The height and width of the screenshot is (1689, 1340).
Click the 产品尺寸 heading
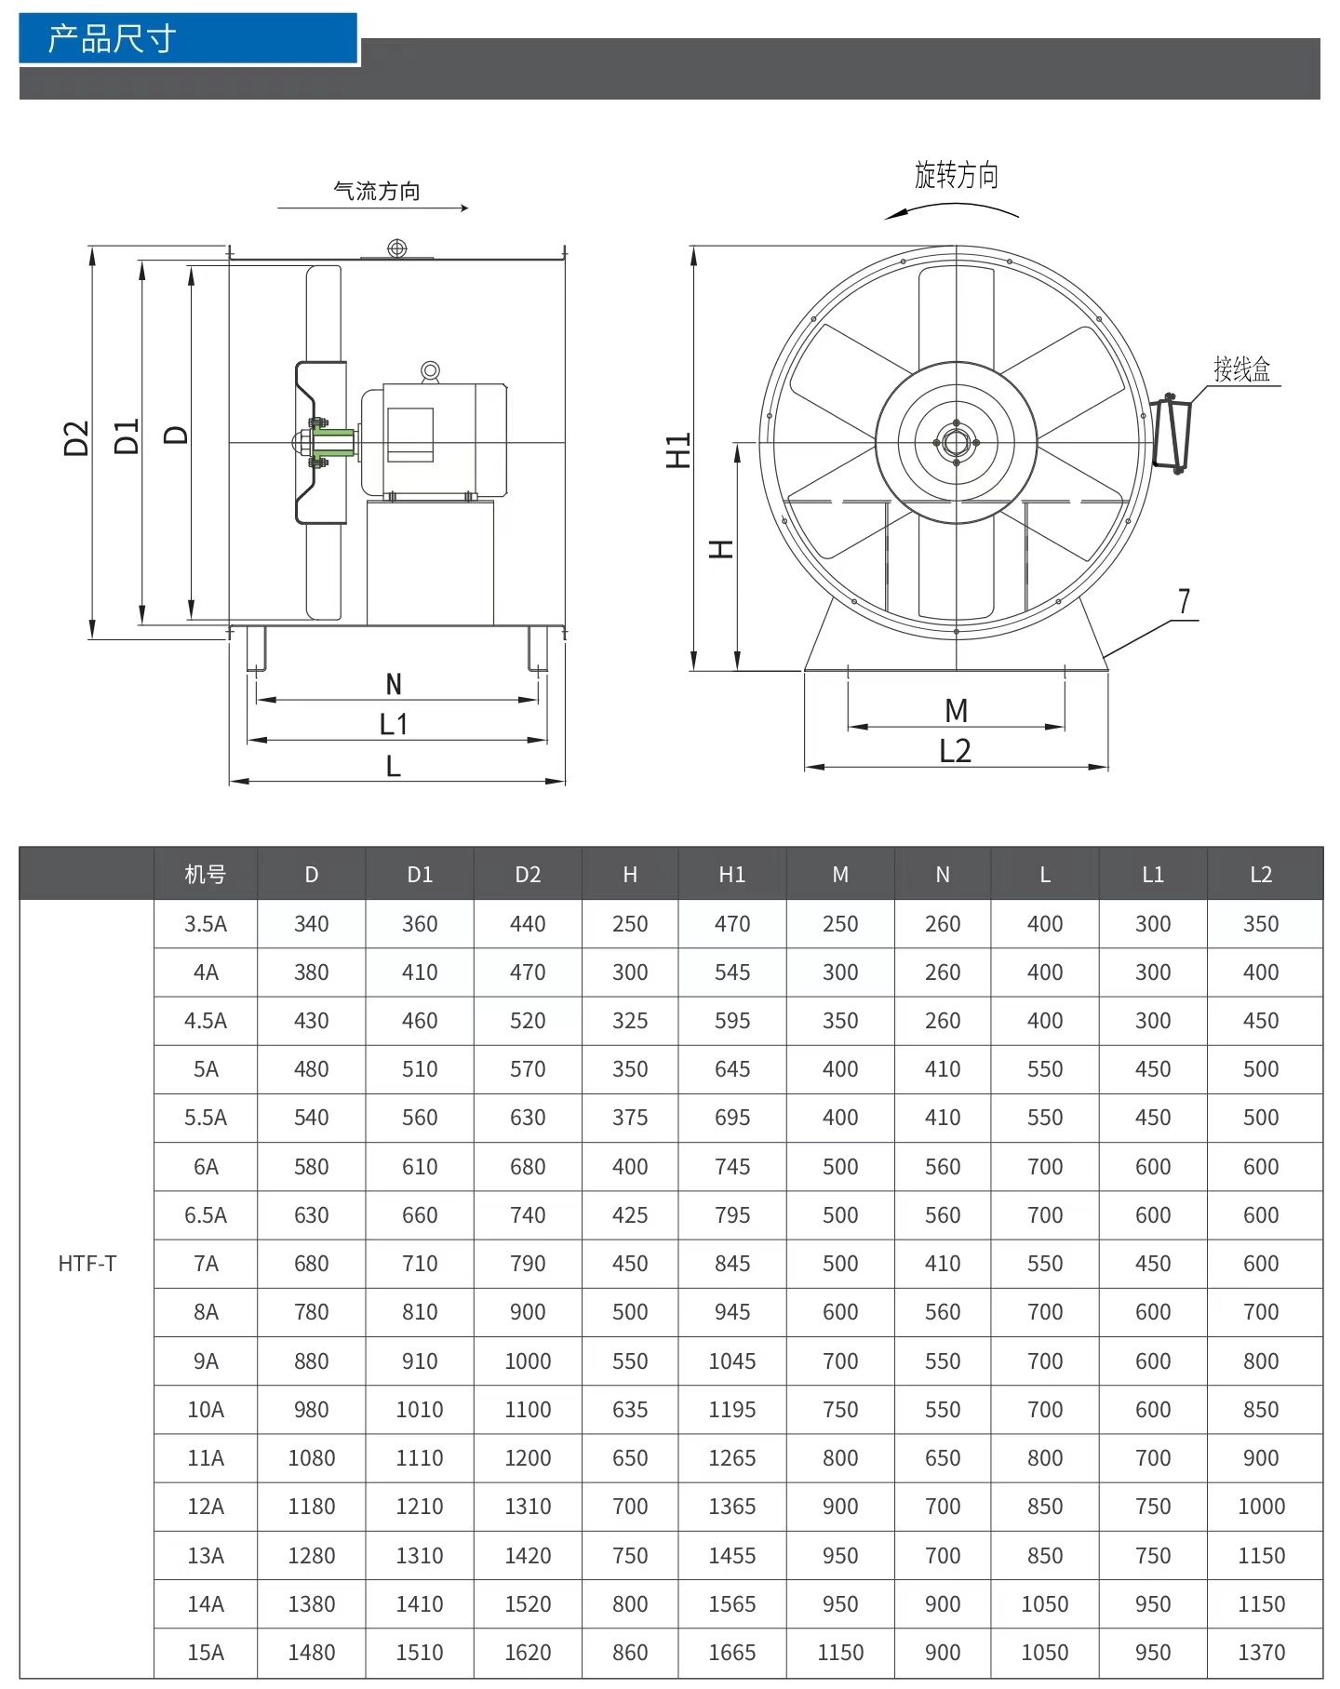click(x=112, y=39)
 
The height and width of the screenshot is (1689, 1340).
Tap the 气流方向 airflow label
click(x=376, y=192)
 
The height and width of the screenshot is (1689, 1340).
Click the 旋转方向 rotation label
click(x=956, y=175)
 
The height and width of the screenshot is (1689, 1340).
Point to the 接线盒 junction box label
click(x=1241, y=369)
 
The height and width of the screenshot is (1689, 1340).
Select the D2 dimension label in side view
click(x=76, y=437)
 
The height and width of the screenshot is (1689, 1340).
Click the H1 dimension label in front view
click(x=678, y=450)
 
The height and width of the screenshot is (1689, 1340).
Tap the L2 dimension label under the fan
click(x=955, y=751)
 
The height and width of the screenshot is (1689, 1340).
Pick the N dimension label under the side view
click(x=394, y=685)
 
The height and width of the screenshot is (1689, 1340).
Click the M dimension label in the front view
click(x=956, y=711)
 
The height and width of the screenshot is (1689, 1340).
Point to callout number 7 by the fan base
click(x=1184, y=602)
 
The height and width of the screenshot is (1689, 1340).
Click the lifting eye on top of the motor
click(x=430, y=371)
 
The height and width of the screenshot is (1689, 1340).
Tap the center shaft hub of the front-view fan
click(x=956, y=442)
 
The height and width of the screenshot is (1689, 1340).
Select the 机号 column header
click(x=205, y=875)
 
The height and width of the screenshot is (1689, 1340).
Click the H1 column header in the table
click(x=731, y=875)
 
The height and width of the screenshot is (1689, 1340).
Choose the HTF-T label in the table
click(x=87, y=1264)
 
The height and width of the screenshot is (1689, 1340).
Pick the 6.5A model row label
click(x=205, y=1215)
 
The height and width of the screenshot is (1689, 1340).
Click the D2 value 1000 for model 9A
click(x=528, y=1361)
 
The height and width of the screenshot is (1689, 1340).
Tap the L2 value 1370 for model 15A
click(x=1261, y=1653)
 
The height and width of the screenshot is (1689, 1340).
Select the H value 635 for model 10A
click(x=630, y=1410)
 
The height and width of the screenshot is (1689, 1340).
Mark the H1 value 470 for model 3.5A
click(x=731, y=924)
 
